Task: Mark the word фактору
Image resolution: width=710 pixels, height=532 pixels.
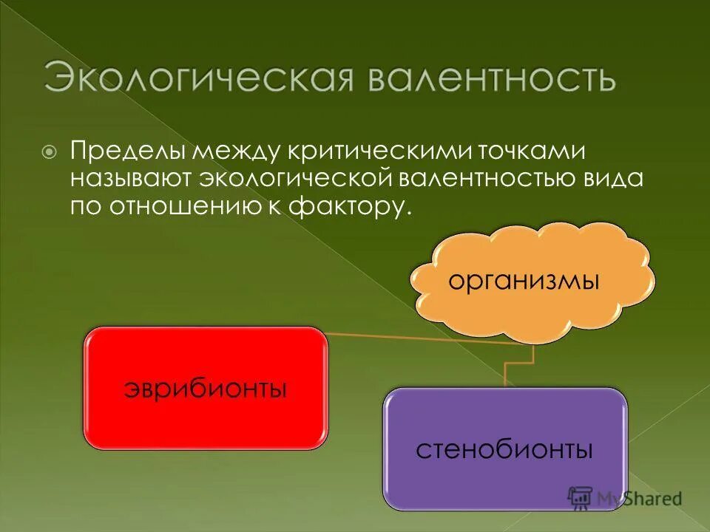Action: pyautogui.click(x=354, y=208)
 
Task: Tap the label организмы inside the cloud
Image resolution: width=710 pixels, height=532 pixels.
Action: pyautogui.click(x=523, y=282)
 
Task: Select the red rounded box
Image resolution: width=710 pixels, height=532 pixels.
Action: pyautogui.click(x=206, y=387)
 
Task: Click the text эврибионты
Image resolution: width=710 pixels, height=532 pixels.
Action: pyautogui.click(x=205, y=388)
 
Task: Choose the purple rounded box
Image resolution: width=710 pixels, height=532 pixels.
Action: pyautogui.click(x=505, y=448)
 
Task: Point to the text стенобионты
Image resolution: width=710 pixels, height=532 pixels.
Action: pyautogui.click(x=504, y=449)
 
